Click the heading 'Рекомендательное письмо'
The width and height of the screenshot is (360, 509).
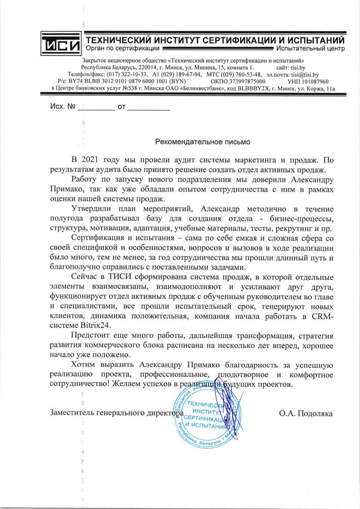(x=203, y=141)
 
